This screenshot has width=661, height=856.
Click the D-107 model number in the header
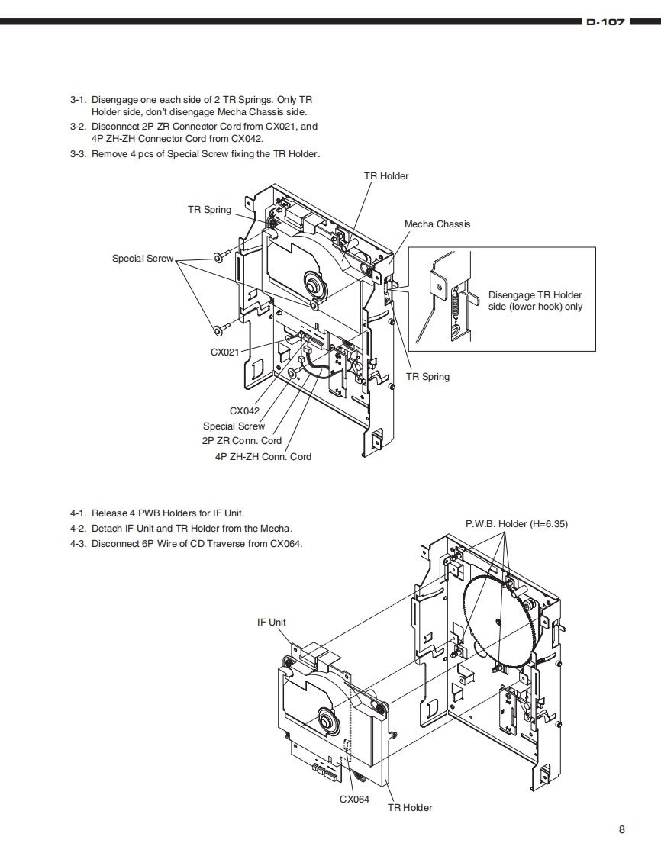605,22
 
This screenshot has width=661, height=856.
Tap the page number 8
622,830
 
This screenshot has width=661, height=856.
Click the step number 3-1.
77,100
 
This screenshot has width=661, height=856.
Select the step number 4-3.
77,543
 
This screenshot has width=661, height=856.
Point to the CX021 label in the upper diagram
224,352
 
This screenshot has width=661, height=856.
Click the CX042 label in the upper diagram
244,410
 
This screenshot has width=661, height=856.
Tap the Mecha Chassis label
437,224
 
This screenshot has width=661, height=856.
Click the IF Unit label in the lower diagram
272,622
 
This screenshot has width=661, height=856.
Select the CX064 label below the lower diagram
354,799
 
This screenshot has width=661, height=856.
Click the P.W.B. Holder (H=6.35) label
517,523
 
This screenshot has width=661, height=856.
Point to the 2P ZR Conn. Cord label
242,440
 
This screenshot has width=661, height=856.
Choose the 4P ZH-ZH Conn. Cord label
263,456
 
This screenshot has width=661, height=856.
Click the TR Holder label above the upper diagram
386,175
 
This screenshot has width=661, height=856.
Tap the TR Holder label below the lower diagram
410,807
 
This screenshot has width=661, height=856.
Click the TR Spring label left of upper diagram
209,209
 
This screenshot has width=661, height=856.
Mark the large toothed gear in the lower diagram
498,623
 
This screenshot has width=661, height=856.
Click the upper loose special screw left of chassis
218,258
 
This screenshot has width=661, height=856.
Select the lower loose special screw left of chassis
218,330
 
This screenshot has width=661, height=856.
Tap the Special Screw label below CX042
234,426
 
